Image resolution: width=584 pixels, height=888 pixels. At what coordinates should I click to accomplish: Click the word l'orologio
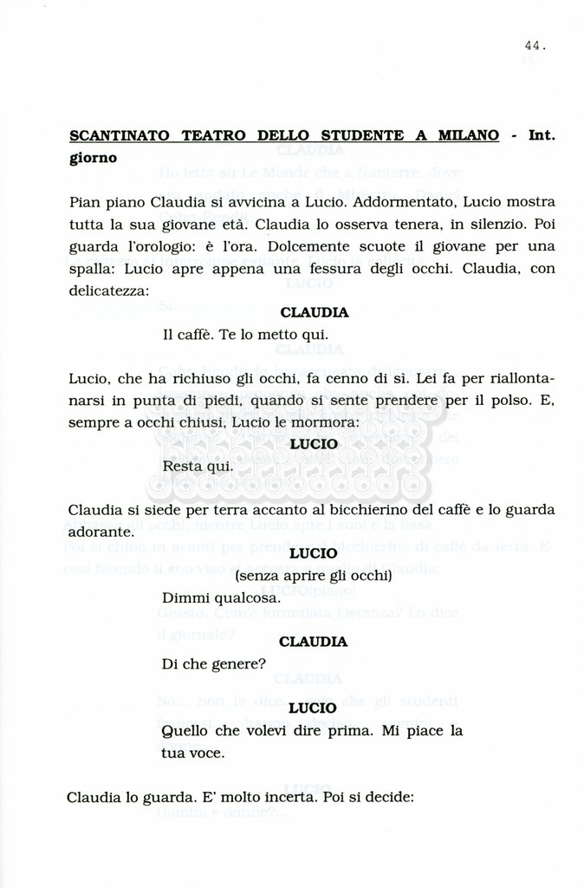pos(148,247)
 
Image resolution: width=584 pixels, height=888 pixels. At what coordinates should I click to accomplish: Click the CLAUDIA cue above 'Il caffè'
pos(314,313)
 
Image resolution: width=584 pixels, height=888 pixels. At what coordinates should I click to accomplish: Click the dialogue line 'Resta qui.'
pos(197,467)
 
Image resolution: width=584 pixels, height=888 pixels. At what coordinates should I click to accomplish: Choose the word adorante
pos(101,532)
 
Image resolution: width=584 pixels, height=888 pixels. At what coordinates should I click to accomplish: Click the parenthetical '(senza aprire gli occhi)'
pos(313,576)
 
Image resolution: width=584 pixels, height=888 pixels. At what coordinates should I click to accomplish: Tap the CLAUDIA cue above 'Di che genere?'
pos(314,643)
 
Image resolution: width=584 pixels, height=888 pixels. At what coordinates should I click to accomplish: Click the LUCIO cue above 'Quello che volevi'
pos(313,708)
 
